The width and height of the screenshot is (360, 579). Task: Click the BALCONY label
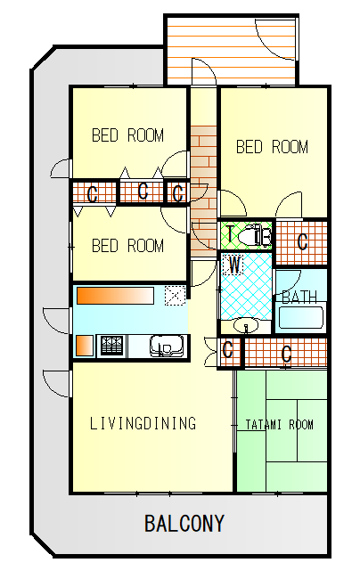pyautogui.click(x=184, y=523)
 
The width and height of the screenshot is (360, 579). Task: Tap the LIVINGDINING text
pyautogui.click(x=143, y=423)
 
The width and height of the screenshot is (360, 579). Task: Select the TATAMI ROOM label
pyautogui.click(x=280, y=425)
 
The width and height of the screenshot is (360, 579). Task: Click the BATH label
pyautogui.click(x=299, y=297)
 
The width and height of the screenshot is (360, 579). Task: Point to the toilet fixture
pyautogui.click(x=255, y=234)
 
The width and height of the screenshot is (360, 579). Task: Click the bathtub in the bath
pyautogui.click(x=301, y=317)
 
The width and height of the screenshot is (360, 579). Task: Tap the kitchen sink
pyautogui.click(x=167, y=346)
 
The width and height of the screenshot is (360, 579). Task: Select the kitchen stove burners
pyautogui.click(x=111, y=346)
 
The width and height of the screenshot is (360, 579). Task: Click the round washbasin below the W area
pyautogui.click(x=246, y=326)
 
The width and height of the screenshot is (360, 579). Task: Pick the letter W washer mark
pyautogui.click(x=234, y=265)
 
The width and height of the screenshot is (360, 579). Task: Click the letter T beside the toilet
pyautogui.click(x=230, y=233)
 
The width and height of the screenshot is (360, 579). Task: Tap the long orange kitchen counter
pyautogui.click(x=115, y=296)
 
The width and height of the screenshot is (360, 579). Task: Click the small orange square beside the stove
pyautogui.click(x=85, y=346)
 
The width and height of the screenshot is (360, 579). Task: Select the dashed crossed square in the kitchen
pyautogui.click(x=175, y=296)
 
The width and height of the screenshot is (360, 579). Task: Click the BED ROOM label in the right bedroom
pyautogui.click(x=272, y=147)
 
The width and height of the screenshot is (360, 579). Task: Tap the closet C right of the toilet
pyautogui.click(x=302, y=242)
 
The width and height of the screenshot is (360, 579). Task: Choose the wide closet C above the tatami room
pyautogui.click(x=286, y=354)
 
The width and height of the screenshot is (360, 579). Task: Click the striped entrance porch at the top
pyautogui.click(x=231, y=51)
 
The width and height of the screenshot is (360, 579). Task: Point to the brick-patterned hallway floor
pyautogui.click(x=203, y=192)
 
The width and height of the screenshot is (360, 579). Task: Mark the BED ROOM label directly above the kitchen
pyautogui.click(x=127, y=246)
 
